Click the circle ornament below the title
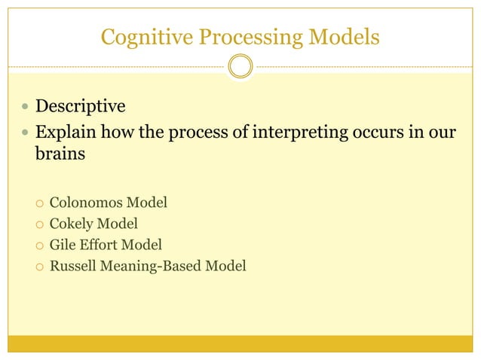pyautogui.click(x=240, y=66)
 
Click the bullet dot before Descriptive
pyautogui.click(x=26, y=105)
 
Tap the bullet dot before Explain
pyautogui.click(x=26, y=133)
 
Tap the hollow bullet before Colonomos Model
pyautogui.click(x=38, y=203)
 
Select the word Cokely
pyautogui.click(x=72, y=223)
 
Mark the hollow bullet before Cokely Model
pyautogui.click(x=38, y=224)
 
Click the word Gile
pyautogui.click(x=62, y=244)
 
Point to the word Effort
pyautogui.click(x=100, y=244)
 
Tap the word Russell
pyautogui.click(x=72, y=265)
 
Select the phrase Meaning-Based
pyautogui.click(x=154, y=265)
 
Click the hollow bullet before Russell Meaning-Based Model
pyautogui.click(x=38, y=266)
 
